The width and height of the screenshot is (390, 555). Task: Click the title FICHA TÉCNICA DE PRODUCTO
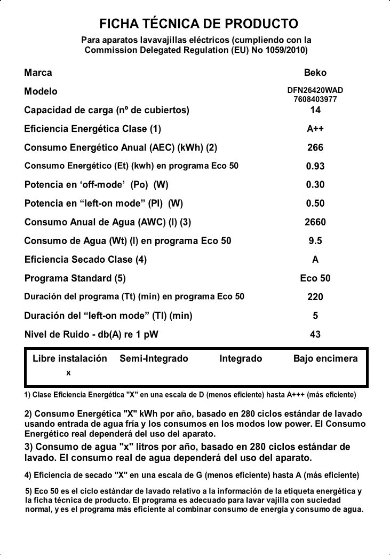tap(198, 24)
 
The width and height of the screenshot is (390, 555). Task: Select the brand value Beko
tap(315, 73)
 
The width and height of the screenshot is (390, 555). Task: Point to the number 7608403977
tap(315, 99)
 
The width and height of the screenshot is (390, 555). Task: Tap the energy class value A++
tap(315, 129)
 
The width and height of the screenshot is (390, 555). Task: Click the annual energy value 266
tap(315, 147)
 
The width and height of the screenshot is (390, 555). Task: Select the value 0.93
tap(315, 166)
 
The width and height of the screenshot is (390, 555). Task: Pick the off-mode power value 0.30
tap(315, 185)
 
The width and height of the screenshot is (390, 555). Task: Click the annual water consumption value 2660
tap(315, 222)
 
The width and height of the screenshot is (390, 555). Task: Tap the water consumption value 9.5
tap(315, 241)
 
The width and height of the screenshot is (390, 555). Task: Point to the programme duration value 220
tap(315, 297)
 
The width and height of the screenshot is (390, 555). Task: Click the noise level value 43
tap(315, 334)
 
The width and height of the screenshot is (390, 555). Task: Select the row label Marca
tap(38, 73)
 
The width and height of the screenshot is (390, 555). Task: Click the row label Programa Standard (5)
tap(75, 278)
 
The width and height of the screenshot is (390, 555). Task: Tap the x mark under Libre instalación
tap(68, 373)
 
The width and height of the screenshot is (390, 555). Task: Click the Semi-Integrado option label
tap(154, 358)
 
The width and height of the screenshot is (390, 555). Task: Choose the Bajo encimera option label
tap(325, 358)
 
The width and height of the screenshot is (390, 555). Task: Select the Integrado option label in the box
tap(241, 358)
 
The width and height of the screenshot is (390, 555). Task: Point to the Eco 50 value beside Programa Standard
tap(315, 278)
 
